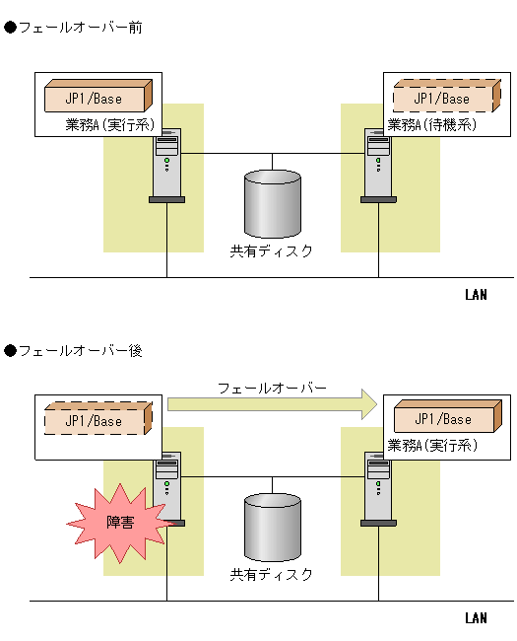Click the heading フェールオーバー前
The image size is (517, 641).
tap(80, 28)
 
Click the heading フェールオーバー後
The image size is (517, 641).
tap(80, 351)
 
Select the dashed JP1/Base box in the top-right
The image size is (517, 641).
tap(443, 98)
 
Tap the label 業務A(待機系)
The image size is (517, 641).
tap(432, 125)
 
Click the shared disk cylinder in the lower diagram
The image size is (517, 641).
tap(273, 527)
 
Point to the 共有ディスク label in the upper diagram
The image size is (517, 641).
tap(272, 250)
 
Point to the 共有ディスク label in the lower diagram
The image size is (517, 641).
tap(272, 574)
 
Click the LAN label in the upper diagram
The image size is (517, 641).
tap(476, 295)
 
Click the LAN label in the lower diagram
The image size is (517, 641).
tap(476, 618)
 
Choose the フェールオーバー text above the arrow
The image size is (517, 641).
tap(272, 388)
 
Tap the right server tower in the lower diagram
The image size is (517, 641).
tap(377, 489)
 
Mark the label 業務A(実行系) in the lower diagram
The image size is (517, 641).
tap(434, 446)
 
